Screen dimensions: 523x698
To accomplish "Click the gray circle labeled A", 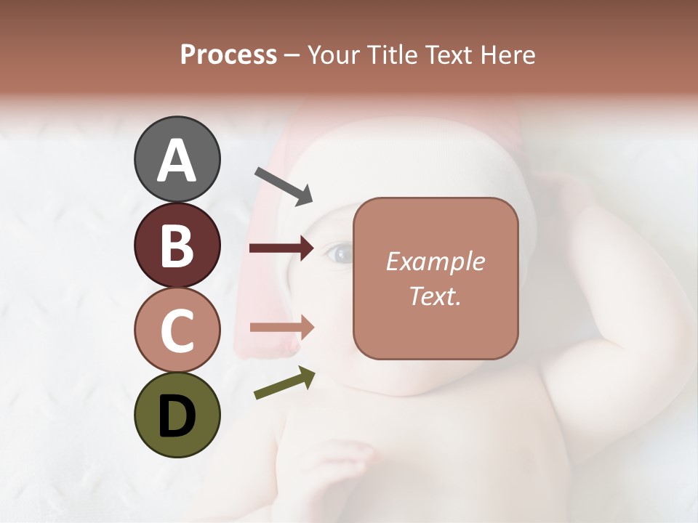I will pos(177,160).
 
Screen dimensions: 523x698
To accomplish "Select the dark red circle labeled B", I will pos(177,245).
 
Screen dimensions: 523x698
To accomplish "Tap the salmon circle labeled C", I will pos(177,330).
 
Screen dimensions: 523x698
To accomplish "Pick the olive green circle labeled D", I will pos(177,415).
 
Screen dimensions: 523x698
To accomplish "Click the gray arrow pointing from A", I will pos(284,186).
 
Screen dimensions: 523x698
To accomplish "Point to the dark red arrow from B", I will pos(282,248).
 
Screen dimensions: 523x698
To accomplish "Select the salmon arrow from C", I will pos(282,327).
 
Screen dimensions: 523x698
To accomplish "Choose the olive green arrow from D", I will pos(284,384).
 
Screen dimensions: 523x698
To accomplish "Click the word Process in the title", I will pos(228,55).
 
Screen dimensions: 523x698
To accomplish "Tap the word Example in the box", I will pos(435,261).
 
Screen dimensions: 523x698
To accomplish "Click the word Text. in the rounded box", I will pos(435,296).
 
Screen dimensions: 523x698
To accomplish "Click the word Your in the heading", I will pos(333,55).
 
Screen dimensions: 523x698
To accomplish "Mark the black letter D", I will pos(177,415).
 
